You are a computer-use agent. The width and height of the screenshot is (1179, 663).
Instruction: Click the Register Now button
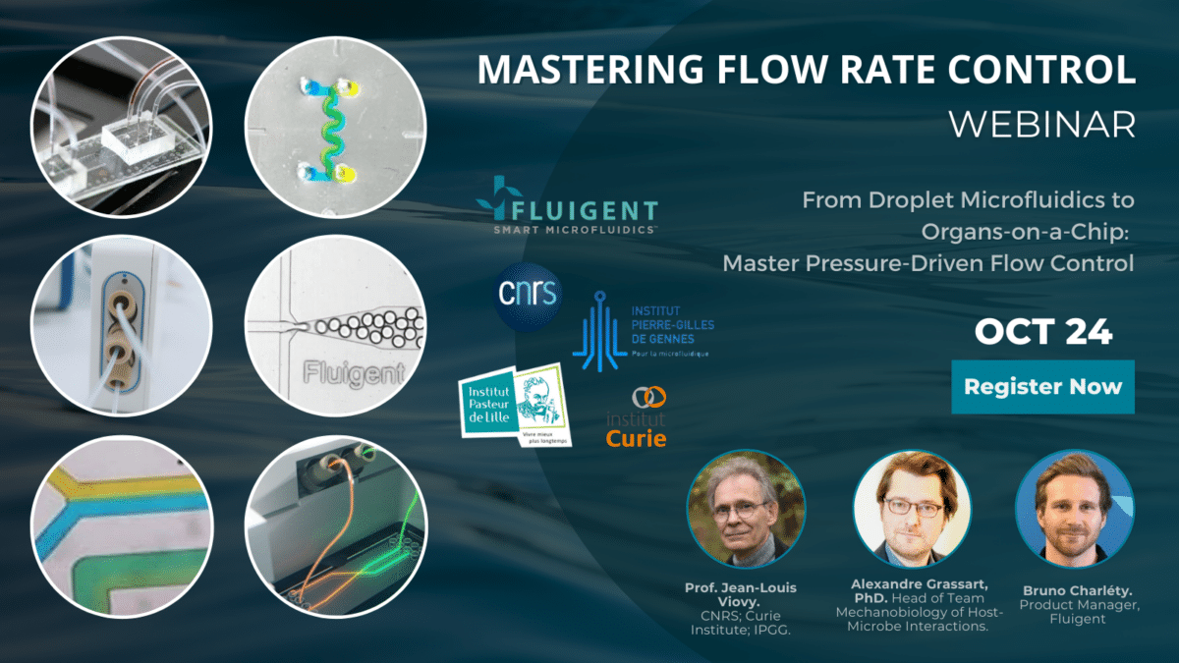(x=1042, y=386)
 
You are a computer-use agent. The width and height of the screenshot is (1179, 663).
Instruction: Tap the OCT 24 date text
(x=1042, y=332)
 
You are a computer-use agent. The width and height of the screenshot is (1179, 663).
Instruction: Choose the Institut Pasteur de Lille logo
(x=512, y=406)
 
